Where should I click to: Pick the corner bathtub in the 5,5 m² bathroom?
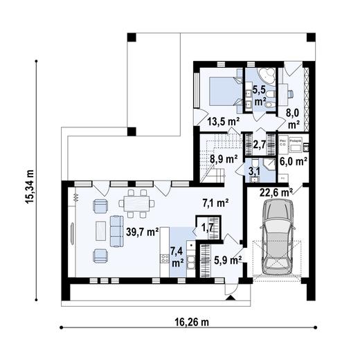coord(266,78)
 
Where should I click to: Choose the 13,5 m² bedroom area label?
coord(223,122)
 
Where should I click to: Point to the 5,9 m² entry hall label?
coord(226,261)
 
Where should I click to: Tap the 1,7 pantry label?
coord(207,226)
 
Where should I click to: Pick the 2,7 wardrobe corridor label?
coord(261,145)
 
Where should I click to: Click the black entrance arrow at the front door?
coord(231,298)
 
